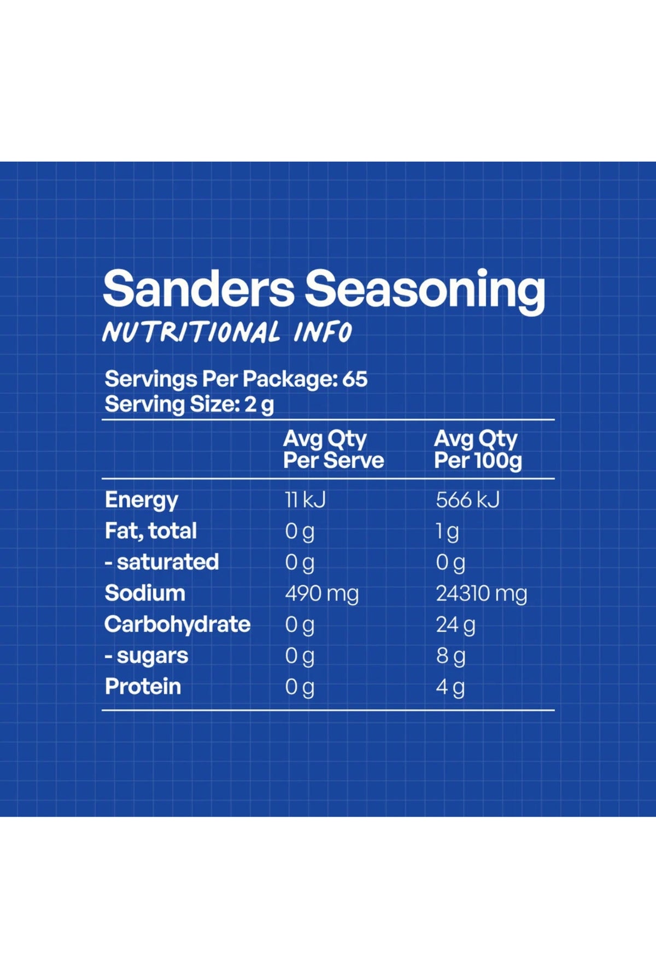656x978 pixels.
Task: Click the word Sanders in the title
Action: click(x=198, y=288)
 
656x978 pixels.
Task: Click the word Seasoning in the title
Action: click(x=425, y=292)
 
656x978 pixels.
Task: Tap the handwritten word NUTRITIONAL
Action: click(x=191, y=332)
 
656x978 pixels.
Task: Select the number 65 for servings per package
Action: click(x=355, y=379)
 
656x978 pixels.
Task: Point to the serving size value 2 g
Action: click(x=259, y=405)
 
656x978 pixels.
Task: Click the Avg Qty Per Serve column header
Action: click(x=333, y=449)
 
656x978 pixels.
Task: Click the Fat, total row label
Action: click(x=151, y=531)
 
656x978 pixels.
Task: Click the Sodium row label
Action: click(x=145, y=593)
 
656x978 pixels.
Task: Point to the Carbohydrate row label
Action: click(x=178, y=624)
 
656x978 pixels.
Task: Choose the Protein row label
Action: click(x=143, y=687)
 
